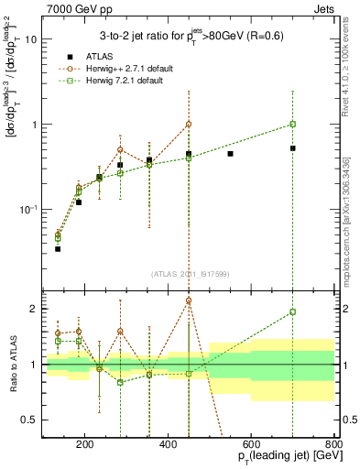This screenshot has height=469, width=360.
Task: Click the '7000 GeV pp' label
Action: point(74,8)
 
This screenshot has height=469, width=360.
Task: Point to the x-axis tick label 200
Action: point(85,447)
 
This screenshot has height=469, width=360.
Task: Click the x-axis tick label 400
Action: point(169,447)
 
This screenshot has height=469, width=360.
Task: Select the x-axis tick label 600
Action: point(252,447)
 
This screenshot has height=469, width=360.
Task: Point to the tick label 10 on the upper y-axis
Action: point(29,39)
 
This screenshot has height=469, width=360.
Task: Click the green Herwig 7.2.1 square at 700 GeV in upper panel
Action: point(293,124)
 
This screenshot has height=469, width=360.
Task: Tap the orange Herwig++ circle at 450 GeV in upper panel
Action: point(189,124)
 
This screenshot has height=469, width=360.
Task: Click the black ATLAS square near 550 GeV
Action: point(230,154)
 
